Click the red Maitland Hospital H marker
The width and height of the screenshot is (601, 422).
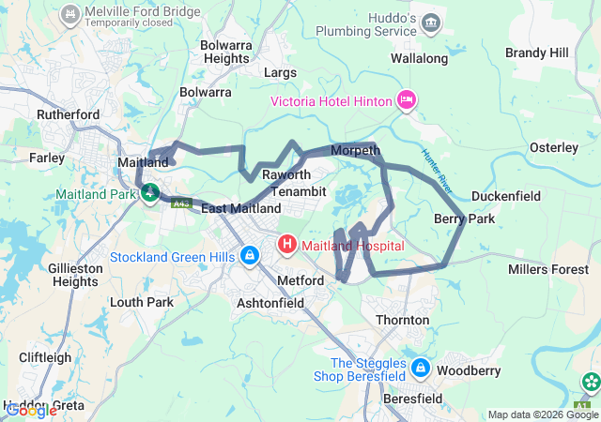(x=286, y=246)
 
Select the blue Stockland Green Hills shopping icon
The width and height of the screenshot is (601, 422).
(x=250, y=256)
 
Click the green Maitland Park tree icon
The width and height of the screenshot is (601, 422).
(x=148, y=194)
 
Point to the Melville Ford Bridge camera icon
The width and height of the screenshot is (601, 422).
(x=69, y=15)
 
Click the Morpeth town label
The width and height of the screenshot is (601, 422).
(x=355, y=151)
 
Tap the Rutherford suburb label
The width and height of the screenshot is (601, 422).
(x=68, y=114)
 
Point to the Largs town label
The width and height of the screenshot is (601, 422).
(x=280, y=72)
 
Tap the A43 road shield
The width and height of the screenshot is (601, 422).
(x=181, y=201)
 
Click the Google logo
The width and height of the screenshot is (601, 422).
(x=31, y=410)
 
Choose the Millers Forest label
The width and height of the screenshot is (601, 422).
(x=547, y=270)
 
